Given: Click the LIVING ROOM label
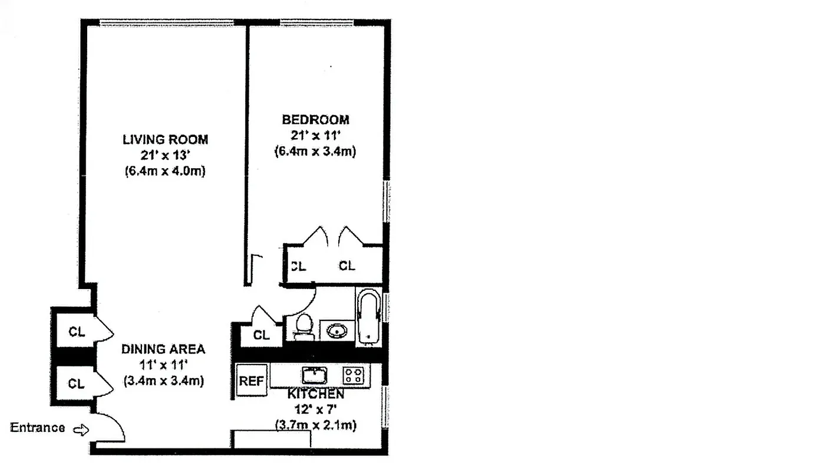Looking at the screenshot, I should point(165,140).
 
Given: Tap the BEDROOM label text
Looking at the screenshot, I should point(315,120).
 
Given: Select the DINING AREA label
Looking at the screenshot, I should point(163,349).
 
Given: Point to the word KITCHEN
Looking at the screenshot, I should point(316,394).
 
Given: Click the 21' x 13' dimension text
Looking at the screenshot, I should point(165,156).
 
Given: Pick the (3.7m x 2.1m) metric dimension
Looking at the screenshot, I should point(315,425).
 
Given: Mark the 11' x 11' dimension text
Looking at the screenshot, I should point(163,365).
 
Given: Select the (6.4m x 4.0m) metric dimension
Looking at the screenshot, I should point(165,172).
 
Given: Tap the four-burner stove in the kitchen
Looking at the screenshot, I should point(354,375).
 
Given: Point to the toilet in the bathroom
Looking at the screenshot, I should point(303,326).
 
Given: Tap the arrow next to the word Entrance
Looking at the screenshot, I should point(81,430).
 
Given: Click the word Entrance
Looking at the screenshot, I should point(38,428).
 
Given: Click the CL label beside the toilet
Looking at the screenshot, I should point(262,335).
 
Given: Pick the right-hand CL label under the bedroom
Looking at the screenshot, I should point(347,266).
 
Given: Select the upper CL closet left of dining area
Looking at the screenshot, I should point(77,332).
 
